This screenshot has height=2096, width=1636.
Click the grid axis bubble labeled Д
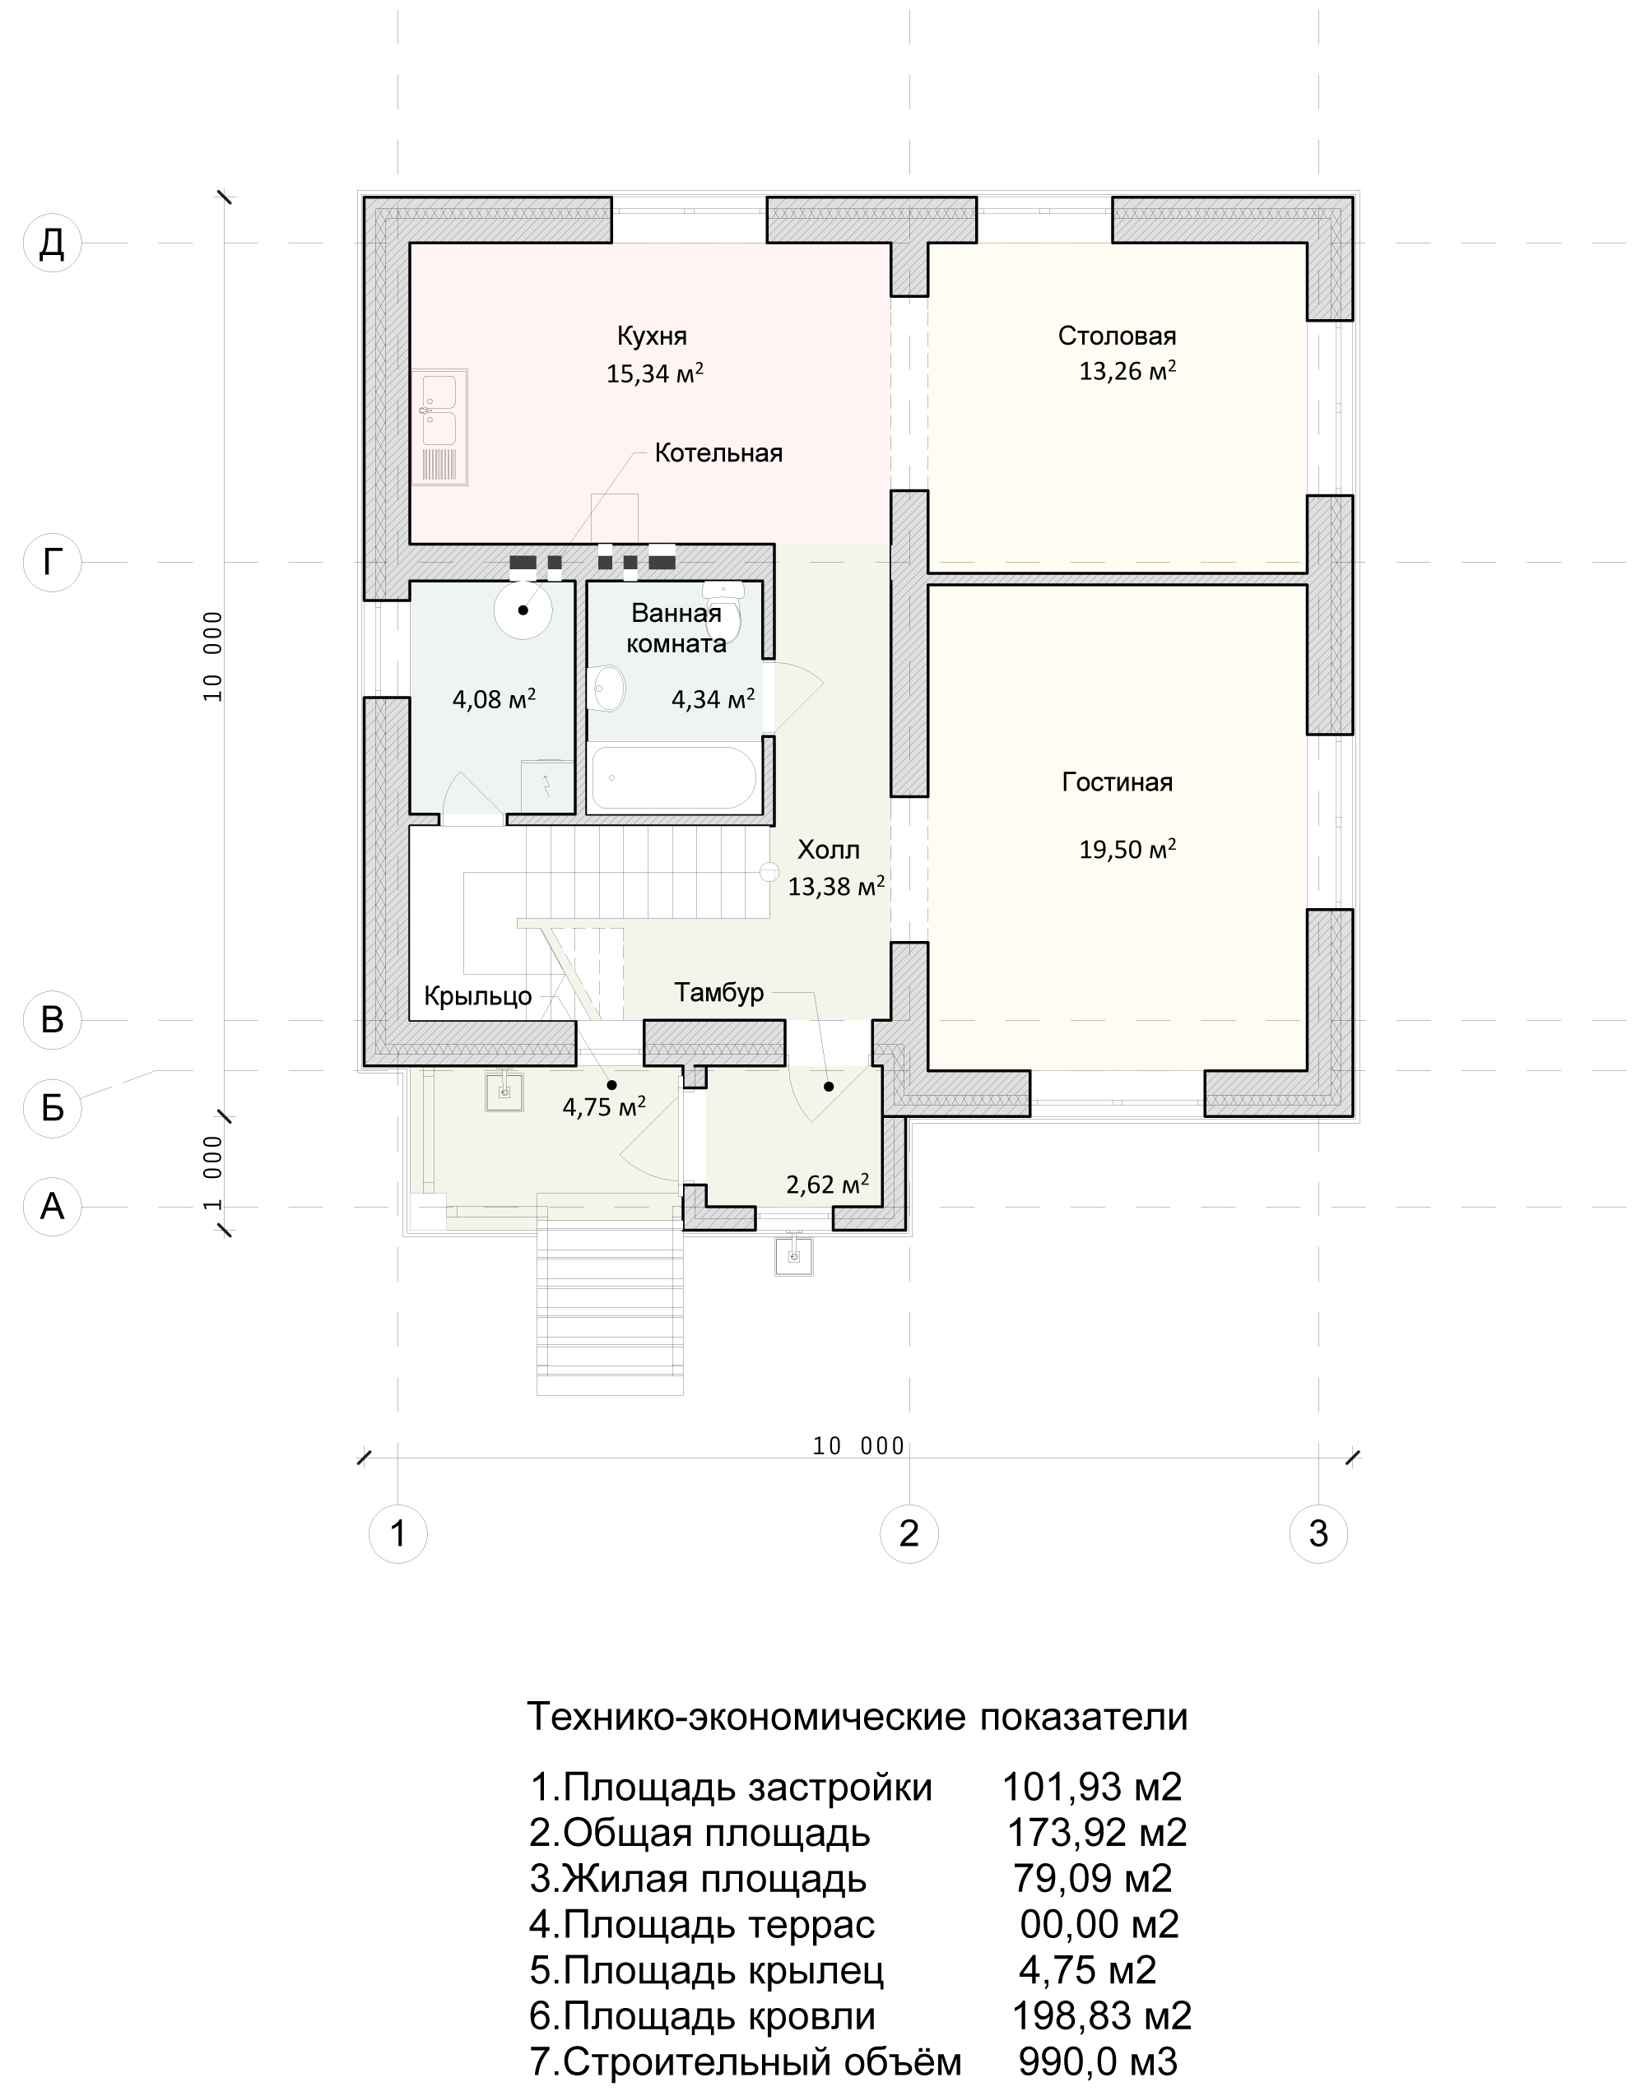tap(52, 243)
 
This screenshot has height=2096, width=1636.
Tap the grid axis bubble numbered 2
tap(909, 1533)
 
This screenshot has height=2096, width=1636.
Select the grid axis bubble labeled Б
tap(52, 1109)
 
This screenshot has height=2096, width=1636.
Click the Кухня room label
tap(652, 336)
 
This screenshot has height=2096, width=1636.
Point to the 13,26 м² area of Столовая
tap(1127, 370)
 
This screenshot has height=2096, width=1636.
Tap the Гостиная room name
tap(1117, 782)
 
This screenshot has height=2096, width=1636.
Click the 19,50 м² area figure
tap(1127, 849)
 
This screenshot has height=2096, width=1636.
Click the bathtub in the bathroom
tap(675, 778)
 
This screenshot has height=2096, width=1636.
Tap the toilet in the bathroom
tap(724, 610)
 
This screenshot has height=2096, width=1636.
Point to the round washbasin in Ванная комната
tap(607, 688)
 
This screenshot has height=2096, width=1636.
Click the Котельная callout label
tap(718, 453)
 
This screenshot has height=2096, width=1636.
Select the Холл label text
tap(829, 849)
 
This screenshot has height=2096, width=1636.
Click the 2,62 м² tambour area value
tap(828, 1185)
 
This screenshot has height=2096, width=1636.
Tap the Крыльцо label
tap(477, 996)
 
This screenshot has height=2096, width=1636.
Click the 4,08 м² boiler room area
tap(494, 698)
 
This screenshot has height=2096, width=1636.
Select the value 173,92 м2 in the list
tap(1096, 1832)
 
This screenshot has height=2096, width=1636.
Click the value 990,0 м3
tap(1098, 2061)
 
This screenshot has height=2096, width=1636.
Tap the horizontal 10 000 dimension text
tap(858, 1446)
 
